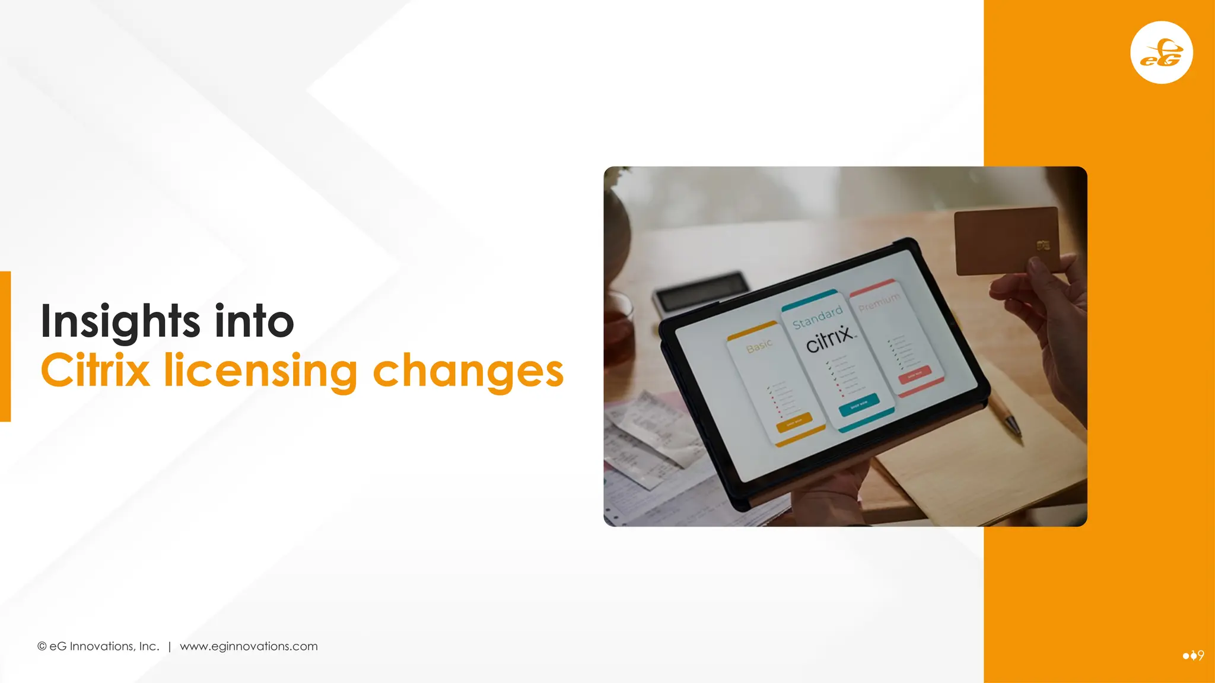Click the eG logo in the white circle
coord(1162,53)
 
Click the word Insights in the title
coord(120,321)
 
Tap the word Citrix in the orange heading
coord(95,371)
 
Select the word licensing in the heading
coord(260,372)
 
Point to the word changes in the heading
coord(467,372)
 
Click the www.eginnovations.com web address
coord(249,646)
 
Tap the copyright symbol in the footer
coord(42,646)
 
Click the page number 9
coord(1201,655)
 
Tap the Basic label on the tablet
coord(759,346)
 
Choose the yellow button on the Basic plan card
coord(794,423)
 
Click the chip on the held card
coord(1043,245)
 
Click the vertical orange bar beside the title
coord(5,346)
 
